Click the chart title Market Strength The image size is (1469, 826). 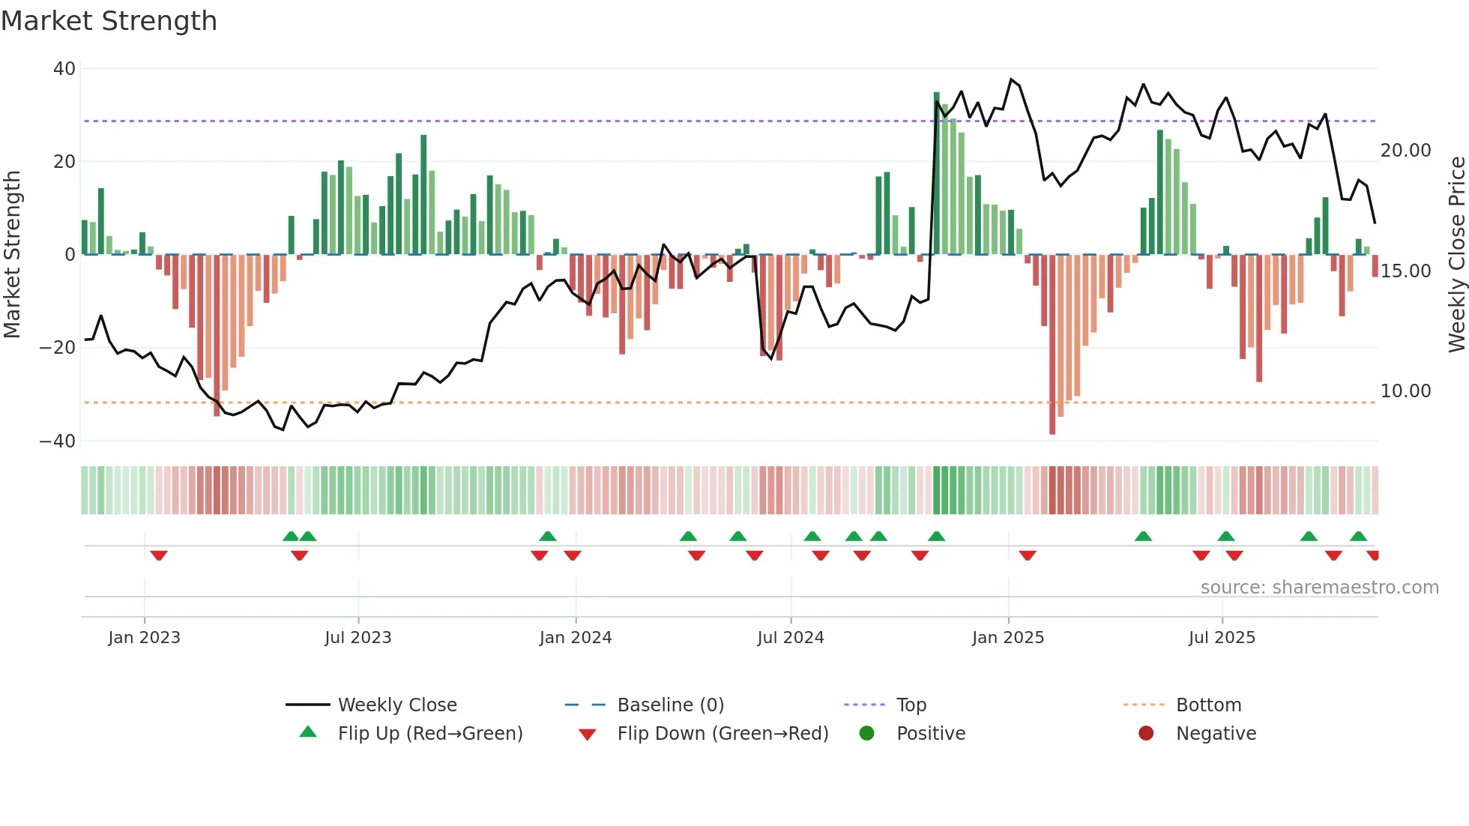(109, 21)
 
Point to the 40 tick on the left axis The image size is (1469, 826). (64, 69)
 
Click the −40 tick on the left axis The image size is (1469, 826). (58, 441)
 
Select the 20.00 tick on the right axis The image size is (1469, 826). (1405, 151)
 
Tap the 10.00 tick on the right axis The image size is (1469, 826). (1405, 391)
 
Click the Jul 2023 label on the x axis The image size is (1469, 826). (358, 638)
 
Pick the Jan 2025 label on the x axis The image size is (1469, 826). (1007, 638)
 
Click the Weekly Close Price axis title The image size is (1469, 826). (1456, 255)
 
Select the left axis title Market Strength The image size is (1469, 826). (12, 255)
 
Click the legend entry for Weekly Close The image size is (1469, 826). (396, 705)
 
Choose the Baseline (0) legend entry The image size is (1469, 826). (670, 705)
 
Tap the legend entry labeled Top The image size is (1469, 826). (911, 705)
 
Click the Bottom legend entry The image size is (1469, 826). (1208, 705)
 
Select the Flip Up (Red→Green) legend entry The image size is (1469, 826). (429, 734)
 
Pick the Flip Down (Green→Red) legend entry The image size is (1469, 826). (723, 734)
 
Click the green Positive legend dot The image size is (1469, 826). (867, 734)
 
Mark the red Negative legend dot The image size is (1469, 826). (1146, 734)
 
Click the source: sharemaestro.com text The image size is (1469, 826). (1319, 588)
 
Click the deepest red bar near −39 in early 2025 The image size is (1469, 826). (1052, 345)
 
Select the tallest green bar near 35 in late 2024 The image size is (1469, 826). (936, 173)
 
